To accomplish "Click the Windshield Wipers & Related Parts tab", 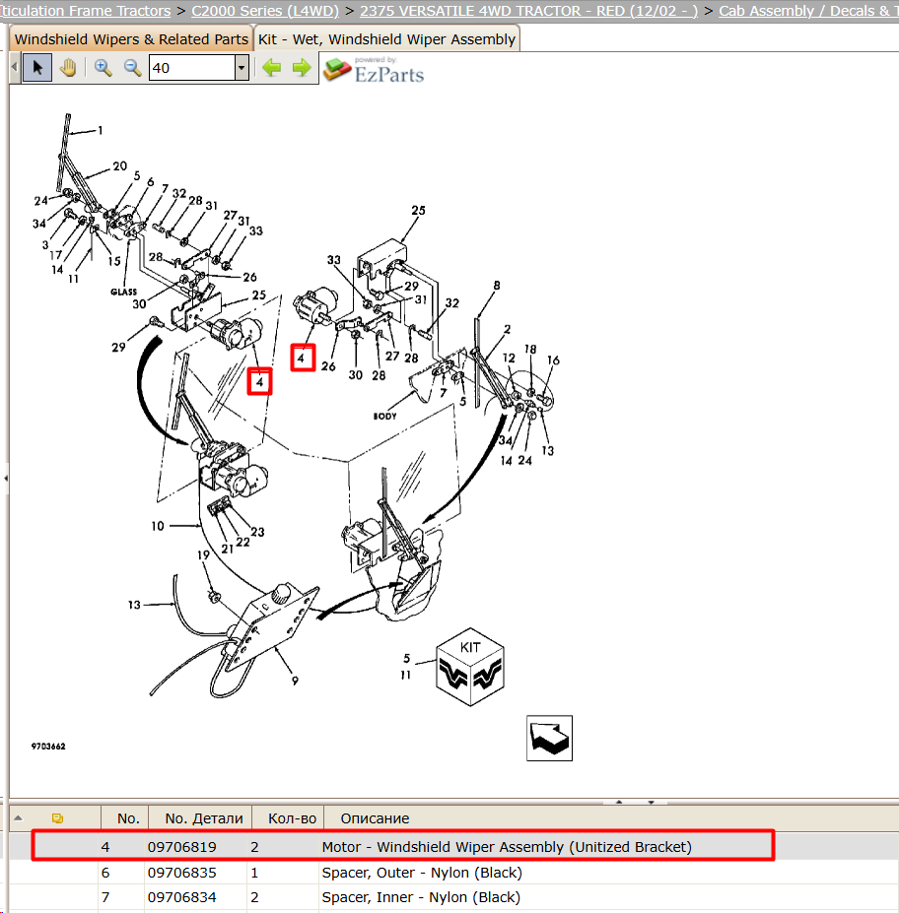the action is click(131, 39).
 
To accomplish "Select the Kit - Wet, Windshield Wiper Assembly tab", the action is click(386, 39).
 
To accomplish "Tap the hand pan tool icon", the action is click(68, 68).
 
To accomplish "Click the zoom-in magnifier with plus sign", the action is click(104, 68).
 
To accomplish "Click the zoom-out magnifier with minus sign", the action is click(133, 68).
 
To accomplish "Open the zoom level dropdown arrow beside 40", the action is click(242, 68).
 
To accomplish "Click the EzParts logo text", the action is click(389, 74).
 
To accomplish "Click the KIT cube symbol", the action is click(469, 667).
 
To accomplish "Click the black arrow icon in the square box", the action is click(549, 738).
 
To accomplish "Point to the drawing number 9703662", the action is click(48, 746).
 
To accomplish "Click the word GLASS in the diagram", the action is click(123, 292).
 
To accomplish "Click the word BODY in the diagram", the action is click(384, 416).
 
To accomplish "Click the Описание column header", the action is click(375, 818).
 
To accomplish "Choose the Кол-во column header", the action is click(292, 818).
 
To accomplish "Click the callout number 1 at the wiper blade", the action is click(101, 130).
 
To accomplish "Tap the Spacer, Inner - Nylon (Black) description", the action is click(421, 897).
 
